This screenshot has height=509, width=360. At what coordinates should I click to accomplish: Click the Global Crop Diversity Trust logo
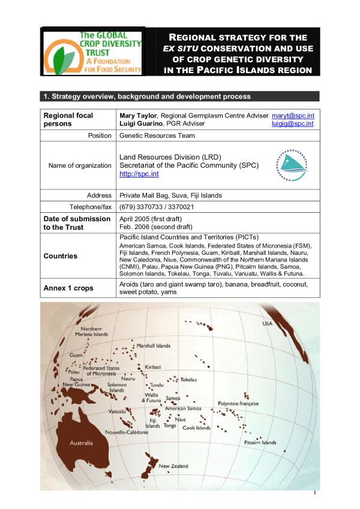(x=93, y=53)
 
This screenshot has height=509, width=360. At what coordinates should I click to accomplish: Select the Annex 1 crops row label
(x=68, y=288)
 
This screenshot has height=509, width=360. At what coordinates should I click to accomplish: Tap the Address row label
(x=99, y=195)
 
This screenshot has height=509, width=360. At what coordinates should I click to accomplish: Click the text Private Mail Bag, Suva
(x=161, y=195)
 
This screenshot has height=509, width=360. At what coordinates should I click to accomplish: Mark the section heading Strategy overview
(x=144, y=97)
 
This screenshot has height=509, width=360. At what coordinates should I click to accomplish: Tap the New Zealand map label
(x=173, y=466)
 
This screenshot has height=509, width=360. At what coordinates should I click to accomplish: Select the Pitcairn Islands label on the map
(x=260, y=442)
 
